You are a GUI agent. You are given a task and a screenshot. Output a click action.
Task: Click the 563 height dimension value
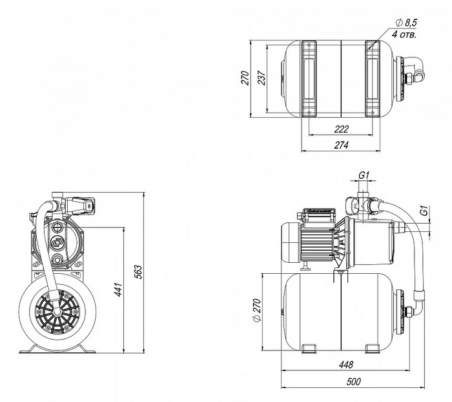point(138,271)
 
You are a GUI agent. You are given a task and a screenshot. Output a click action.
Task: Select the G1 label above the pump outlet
point(363,175)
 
